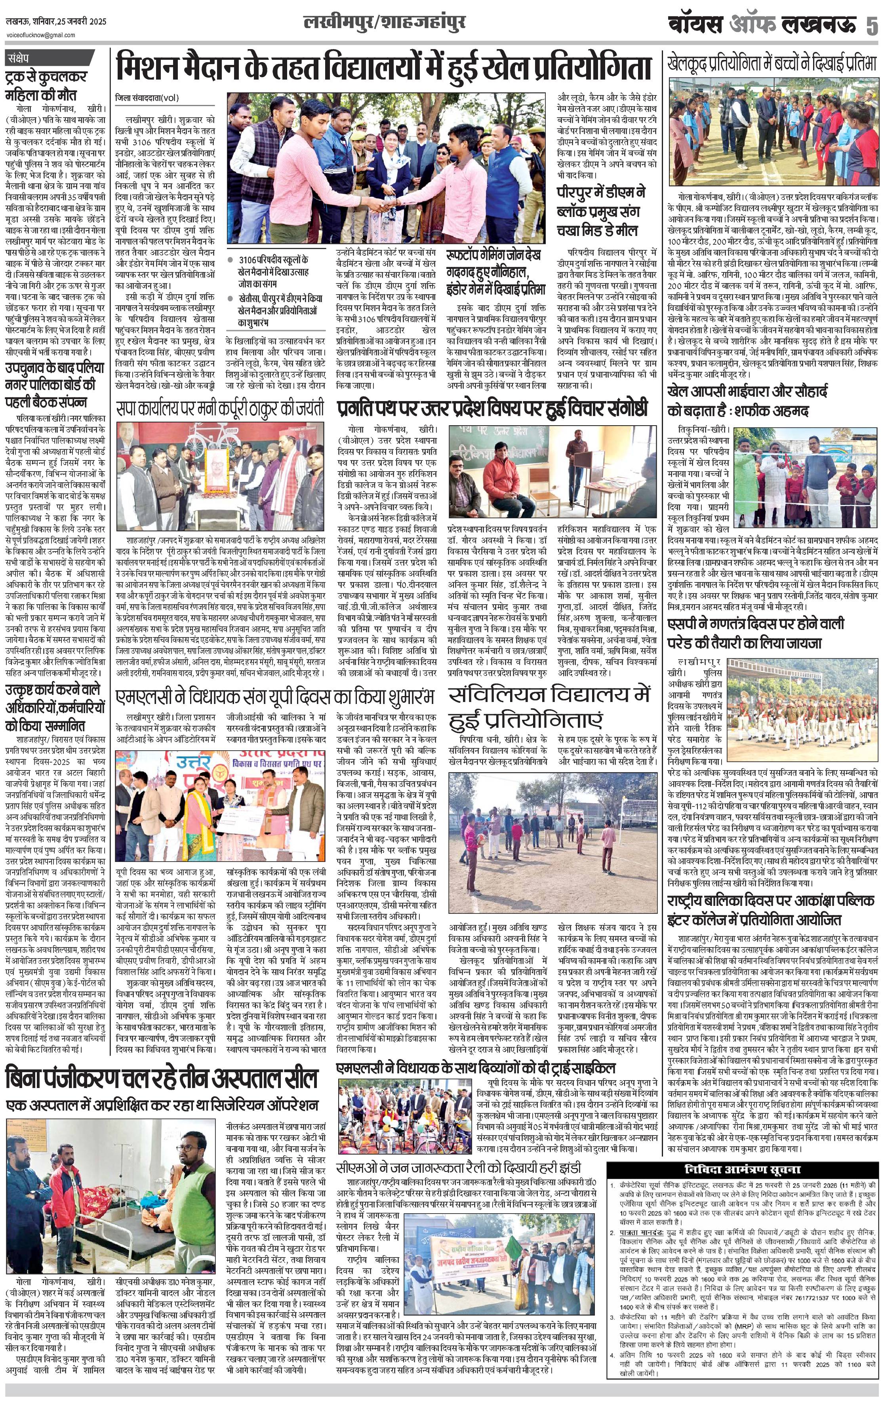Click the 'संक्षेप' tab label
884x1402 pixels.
(x=23, y=58)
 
